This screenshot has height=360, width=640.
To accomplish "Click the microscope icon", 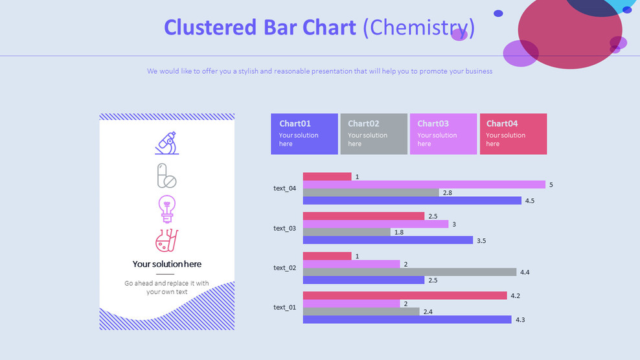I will pos(166,143).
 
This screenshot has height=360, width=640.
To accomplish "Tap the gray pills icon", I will pos(166,175).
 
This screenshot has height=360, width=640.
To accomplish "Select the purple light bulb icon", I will pos(166,208).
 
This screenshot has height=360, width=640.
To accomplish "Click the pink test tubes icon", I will pos(166,241).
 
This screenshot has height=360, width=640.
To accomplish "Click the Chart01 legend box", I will pos(304,134).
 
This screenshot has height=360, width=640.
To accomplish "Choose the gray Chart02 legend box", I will pos(374,134).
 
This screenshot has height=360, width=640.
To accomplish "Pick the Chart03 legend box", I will pos(443,134).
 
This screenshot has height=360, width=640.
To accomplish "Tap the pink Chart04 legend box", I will pos(513,134).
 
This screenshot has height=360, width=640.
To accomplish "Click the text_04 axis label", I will pos(284,188).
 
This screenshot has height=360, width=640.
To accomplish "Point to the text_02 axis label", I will pos(284,267).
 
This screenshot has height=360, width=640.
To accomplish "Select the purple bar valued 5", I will pos(424,185).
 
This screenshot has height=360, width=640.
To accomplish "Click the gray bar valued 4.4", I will pos(409,272).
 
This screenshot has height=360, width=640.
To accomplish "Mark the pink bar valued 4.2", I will pos(405,295).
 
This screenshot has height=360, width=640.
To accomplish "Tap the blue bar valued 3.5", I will pos(388,240).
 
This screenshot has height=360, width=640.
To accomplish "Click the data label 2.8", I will pos(447,193).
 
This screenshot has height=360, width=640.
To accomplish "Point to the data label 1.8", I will pos(399,232).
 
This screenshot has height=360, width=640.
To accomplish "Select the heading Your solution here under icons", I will pos(166,264).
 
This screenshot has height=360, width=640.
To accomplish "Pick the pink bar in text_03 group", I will pos(363,216).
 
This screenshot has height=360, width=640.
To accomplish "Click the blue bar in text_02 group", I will pos(363,280).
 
